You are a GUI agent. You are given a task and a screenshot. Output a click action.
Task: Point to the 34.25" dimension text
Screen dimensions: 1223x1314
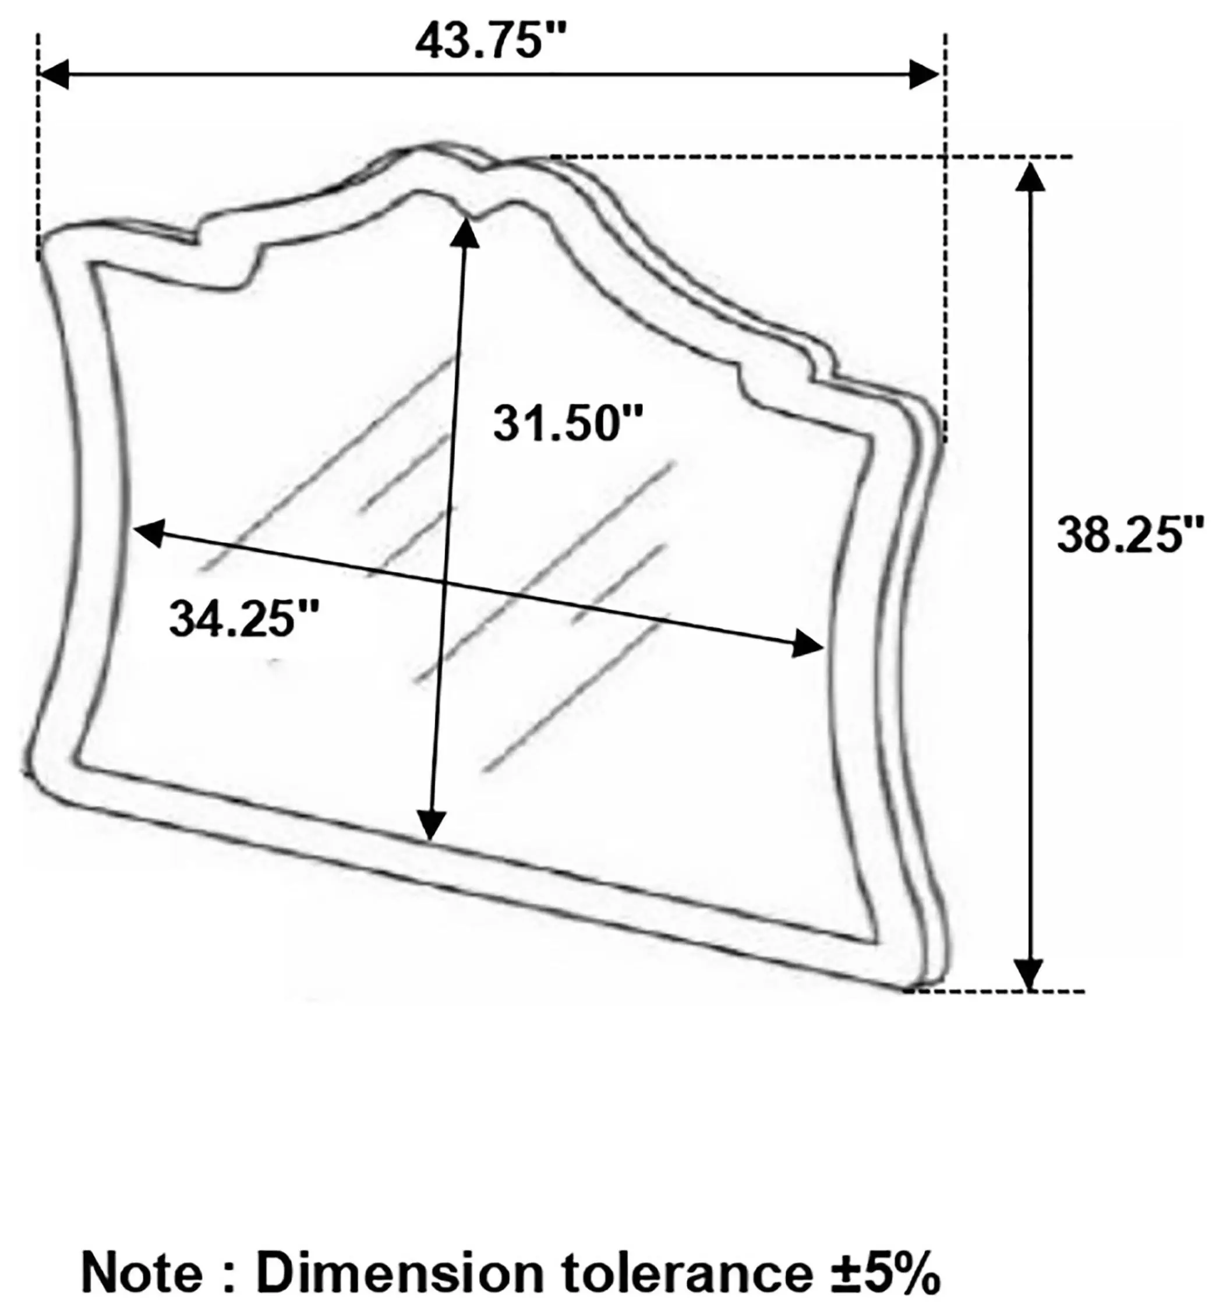tap(244, 618)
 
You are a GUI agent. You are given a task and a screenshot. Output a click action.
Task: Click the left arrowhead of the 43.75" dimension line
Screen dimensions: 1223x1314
tap(53, 74)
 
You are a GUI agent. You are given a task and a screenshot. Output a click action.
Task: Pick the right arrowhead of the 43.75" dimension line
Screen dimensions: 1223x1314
tap(924, 74)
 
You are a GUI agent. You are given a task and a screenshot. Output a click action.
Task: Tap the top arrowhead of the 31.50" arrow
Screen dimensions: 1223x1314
tap(465, 232)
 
